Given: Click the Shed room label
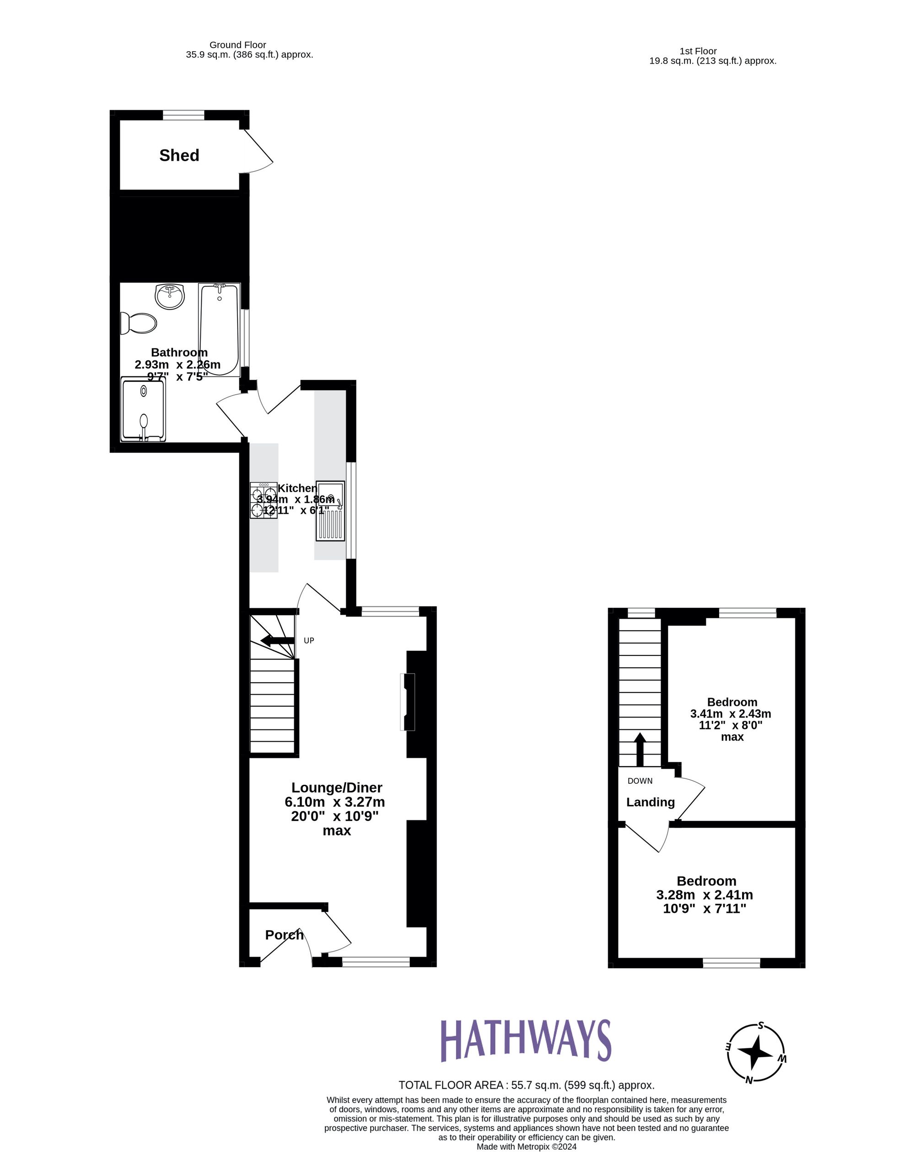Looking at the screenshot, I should click(179, 155).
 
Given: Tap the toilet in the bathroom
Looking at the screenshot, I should click(139, 323).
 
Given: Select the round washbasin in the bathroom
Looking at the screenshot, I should click(169, 296).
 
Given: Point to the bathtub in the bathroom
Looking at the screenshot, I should click(219, 329).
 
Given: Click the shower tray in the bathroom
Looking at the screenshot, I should click(143, 409).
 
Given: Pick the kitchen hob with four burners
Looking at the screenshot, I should click(264, 500).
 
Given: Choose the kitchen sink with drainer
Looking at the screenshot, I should click(330, 510).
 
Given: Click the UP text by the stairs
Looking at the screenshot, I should click(308, 641).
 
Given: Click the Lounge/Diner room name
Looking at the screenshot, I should click(337, 788).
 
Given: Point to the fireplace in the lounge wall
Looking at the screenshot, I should click(408, 702).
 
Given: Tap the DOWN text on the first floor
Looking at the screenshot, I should click(640, 781).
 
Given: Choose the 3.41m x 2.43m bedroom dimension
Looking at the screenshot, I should click(731, 714).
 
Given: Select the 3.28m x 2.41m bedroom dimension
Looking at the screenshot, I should click(705, 895).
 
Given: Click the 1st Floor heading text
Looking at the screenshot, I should click(698, 51).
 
